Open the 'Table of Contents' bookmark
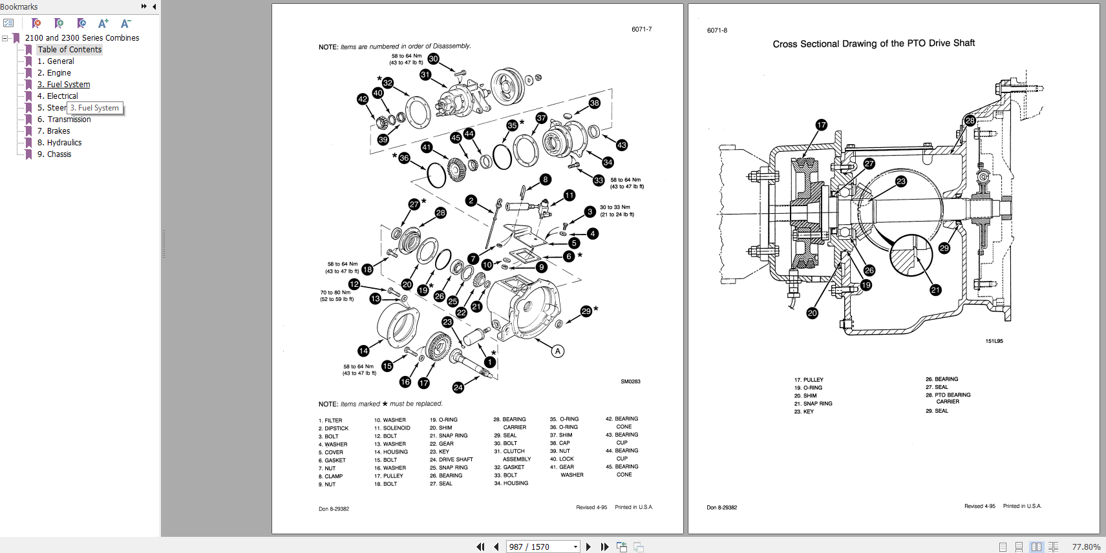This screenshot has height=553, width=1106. tap(69, 50)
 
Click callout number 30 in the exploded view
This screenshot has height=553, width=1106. tap(433, 59)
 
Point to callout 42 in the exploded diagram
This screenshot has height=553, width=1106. tap(363, 99)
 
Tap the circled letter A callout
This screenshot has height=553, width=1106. tap(557, 351)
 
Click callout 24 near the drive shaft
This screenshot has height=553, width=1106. tap(458, 388)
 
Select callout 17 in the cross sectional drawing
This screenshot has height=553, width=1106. tap(821, 125)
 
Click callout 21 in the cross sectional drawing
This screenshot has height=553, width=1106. tap(935, 290)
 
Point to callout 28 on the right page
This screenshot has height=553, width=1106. tap(970, 120)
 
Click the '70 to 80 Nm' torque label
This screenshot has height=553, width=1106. tap(335, 293)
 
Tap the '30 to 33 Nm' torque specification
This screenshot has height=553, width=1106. tap(615, 207)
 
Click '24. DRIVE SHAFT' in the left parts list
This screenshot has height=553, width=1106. tap(451, 460)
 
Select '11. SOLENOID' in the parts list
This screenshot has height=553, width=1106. tap(392, 428)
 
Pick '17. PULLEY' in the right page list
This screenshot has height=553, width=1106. tap(809, 380)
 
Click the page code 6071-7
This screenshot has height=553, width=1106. tap(641, 29)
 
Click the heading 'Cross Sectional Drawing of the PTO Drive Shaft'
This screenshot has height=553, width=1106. tap(873, 43)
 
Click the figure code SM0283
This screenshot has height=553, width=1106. tap(630, 382)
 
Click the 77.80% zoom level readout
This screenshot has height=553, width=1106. tap(1086, 547)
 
